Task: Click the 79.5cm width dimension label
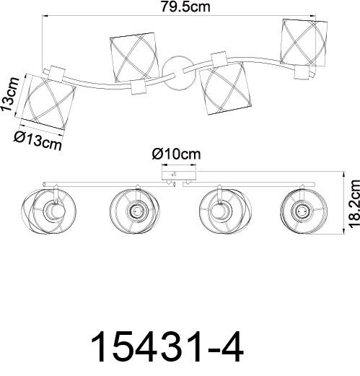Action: (x=185, y=6)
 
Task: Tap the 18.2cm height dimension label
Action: (x=354, y=204)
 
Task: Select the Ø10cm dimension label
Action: (x=176, y=154)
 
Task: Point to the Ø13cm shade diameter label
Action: (x=38, y=141)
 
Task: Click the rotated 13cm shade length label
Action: (x=10, y=95)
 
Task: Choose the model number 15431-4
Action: (x=167, y=346)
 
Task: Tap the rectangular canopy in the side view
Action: (x=179, y=175)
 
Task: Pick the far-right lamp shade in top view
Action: (x=304, y=43)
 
